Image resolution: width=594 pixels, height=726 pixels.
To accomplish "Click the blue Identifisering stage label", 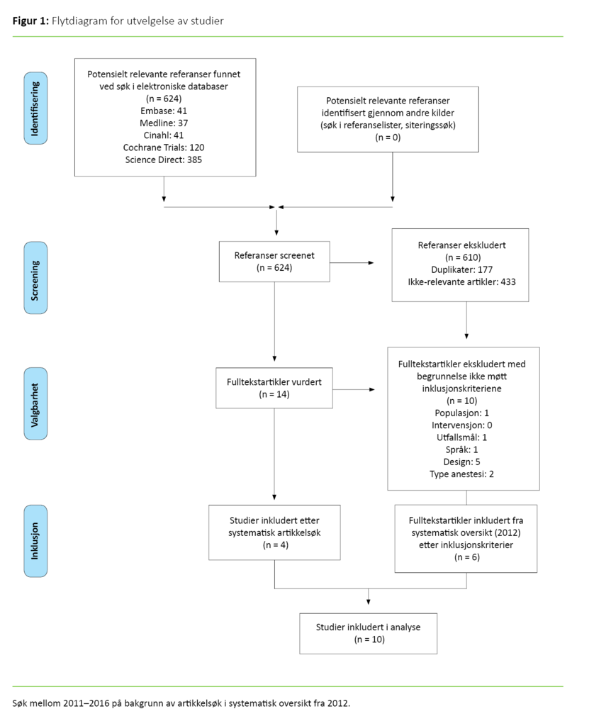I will coord(36,108).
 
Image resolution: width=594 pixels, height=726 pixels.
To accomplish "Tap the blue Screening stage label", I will coord(36,277).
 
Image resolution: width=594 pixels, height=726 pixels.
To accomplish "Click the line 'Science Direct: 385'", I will coord(164,160).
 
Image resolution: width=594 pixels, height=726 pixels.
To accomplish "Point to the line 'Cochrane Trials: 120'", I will coord(164,147).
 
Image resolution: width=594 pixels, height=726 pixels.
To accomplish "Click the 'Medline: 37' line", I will coord(164,123).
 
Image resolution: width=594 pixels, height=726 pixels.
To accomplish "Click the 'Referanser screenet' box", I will coord(275,262).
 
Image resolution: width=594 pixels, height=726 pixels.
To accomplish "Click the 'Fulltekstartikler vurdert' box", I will coord(274,387).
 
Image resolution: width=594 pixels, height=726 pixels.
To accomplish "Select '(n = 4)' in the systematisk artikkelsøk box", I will coord(274,545).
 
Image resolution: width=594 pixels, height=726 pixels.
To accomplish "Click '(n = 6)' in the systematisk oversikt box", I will coord(466,558).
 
